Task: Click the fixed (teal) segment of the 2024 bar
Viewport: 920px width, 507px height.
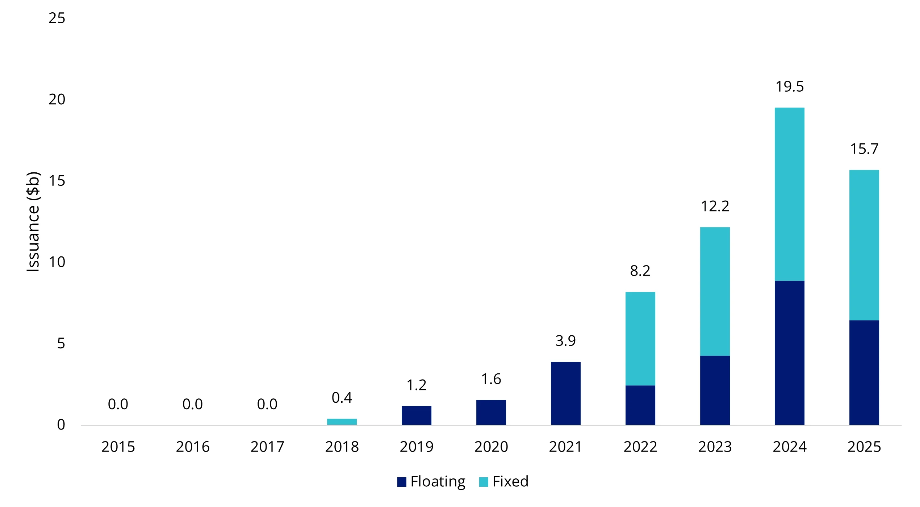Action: point(789,194)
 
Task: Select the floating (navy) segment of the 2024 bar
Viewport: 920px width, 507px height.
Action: point(789,353)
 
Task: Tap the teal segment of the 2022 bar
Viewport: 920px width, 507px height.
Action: point(640,339)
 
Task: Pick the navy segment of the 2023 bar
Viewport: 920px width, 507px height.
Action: point(715,390)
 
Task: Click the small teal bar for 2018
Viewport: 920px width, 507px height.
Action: point(342,422)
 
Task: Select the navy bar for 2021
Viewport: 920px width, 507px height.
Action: point(565,393)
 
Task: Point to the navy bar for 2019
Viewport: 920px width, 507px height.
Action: point(416,415)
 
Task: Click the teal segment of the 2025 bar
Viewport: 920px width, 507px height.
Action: point(864,245)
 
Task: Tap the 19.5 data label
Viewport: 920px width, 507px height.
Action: point(789,87)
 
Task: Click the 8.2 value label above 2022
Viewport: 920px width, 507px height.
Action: point(640,271)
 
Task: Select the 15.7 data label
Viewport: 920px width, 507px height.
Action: point(864,149)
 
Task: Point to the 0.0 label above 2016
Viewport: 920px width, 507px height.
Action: point(192,404)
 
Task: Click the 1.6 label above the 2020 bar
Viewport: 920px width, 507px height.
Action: point(491,379)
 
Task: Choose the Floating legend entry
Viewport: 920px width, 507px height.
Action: point(431,482)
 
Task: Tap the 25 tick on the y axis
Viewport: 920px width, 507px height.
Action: point(57,18)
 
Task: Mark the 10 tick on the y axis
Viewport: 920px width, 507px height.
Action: point(57,262)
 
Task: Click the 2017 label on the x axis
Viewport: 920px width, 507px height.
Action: point(267,447)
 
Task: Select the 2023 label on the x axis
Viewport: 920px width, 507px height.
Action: point(715,447)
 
